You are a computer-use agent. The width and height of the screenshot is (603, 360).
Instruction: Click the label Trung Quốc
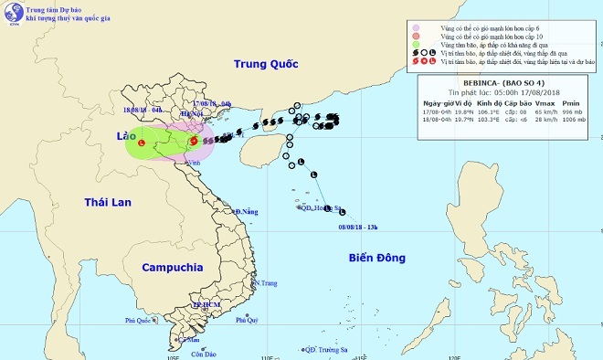pyautogui.click(x=266, y=64)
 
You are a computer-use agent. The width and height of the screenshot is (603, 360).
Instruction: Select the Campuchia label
pyautogui.click(x=172, y=268)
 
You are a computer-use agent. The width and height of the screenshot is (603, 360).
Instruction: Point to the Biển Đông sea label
pyautogui.click(x=376, y=259)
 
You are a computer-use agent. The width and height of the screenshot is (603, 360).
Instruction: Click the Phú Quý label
pyautogui.click(x=248, y=321)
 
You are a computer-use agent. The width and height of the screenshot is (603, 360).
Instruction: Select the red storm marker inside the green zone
pyautogui.click(x=142, y=143)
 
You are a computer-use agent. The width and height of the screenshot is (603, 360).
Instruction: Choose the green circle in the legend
pyautogui.click(x=417, y=44)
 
